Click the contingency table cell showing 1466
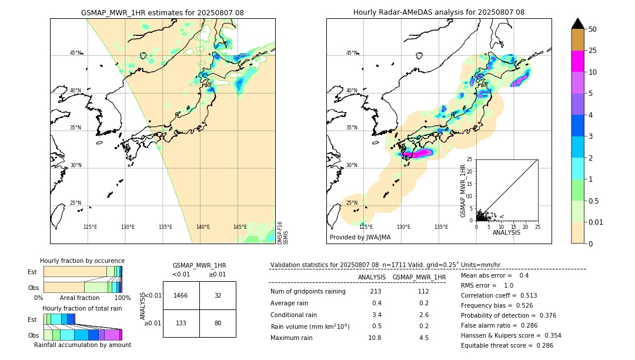pos(181,295)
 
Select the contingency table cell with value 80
pos(218,323)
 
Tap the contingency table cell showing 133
pos(181,323)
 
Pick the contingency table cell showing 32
pos(218,295)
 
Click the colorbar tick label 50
pos(593,29)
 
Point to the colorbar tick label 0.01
pos(596,222)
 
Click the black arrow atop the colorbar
pos(577,24)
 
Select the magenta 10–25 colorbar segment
pos(577,61)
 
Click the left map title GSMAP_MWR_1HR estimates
pos(162,12)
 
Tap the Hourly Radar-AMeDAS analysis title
pos(439,12)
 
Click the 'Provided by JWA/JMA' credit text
pos(360,237)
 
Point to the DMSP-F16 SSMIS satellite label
pos(282,232)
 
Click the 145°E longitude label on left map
pos(240,227)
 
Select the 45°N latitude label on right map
pos(352,53)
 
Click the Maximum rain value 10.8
pos(375,338)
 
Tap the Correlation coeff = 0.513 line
pos(499,295)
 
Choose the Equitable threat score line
pos(507,345)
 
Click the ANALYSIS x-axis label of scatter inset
pos(507,232)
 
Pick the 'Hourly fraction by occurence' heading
pos(82,261)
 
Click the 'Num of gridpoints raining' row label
pos(308,292)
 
